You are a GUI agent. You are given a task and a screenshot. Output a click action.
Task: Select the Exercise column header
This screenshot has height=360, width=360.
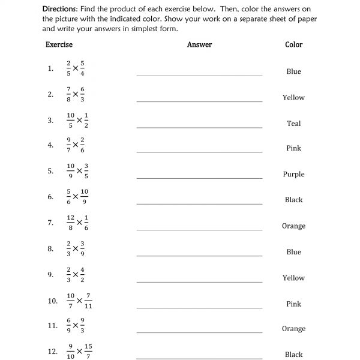pyautogui.click(x=59, y=44)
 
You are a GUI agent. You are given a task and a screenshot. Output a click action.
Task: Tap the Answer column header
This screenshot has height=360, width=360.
pyautogui.click(x=199, y=44)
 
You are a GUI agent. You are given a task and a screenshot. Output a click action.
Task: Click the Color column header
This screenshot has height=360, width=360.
pyautogui.click(x=293, y=44)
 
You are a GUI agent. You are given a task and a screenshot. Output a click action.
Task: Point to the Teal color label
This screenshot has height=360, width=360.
pyautogui.click(x=293, y=124)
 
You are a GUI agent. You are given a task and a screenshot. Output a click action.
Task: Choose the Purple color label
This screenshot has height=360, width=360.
pyautogui.click(x=293, y=174)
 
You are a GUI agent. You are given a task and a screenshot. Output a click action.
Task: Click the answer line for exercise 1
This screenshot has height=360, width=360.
pyautogui.click(x=199, y=75)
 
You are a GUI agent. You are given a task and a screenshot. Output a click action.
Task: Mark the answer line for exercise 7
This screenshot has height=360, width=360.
pyautogui.click(x=199, y=229)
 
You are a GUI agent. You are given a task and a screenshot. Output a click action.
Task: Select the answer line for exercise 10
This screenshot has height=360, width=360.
pyautogui.click(x=199, y=307)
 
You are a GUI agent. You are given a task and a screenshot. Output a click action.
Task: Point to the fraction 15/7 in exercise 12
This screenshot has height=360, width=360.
pyautogui.click(x=88, y=352)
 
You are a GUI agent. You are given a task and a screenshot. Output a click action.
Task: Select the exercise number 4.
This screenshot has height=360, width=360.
pyautogui.click(x=50, y=145)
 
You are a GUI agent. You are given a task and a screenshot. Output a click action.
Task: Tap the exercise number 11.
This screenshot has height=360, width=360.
pyautogui.click(x=52, y=326)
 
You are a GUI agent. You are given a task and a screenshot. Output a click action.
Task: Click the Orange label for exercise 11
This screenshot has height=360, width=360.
pyautogui.click(x=293, y=329)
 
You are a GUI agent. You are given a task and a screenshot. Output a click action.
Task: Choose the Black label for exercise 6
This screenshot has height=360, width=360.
pyautogui.click(x=293, y=200)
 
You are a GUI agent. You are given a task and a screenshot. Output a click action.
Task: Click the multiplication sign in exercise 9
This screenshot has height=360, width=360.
pyautogui.click(x=76, y=275)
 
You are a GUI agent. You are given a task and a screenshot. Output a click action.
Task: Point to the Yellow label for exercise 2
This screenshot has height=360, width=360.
pyautogui.click(x=293, y=97)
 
